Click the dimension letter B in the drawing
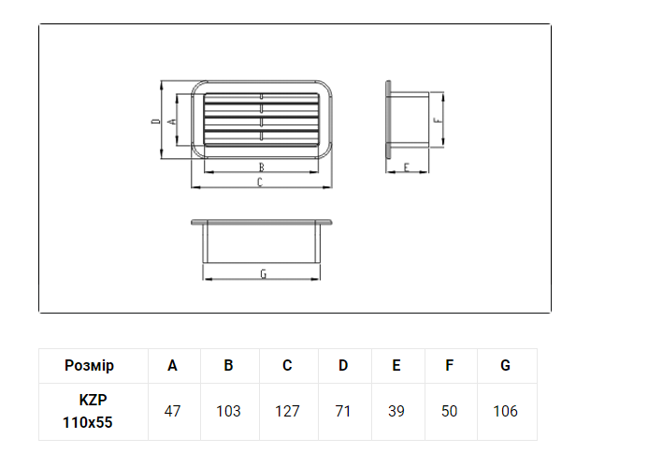point(261,168)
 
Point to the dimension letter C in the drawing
point(260,183)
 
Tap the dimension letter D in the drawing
point(156,121)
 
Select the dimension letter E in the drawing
point(406,168)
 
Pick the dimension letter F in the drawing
point(438,121)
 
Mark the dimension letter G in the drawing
point(264,274)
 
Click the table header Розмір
point(89,366)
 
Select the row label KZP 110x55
point(88,411)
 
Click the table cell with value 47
point(172,411)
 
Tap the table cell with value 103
point(228,411)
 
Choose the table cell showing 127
point(287,411)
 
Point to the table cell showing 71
point(343,411)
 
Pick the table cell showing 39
point(396,411)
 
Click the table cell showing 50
point(449,411)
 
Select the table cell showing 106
point(505,411)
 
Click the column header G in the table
point(505,365)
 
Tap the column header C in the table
point(287,365)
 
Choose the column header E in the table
point(396,365)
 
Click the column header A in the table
point(172,365)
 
